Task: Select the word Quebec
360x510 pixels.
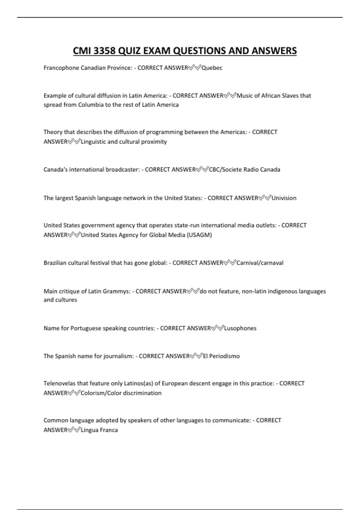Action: tap(212, 68)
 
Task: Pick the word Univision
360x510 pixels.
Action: tap(284, 198)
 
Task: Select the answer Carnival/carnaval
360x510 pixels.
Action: tap(260, 263)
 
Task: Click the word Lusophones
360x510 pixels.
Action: tap(240, 328)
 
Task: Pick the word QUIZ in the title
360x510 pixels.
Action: tap(129, 51)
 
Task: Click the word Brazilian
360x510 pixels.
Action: tap(55, 263)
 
